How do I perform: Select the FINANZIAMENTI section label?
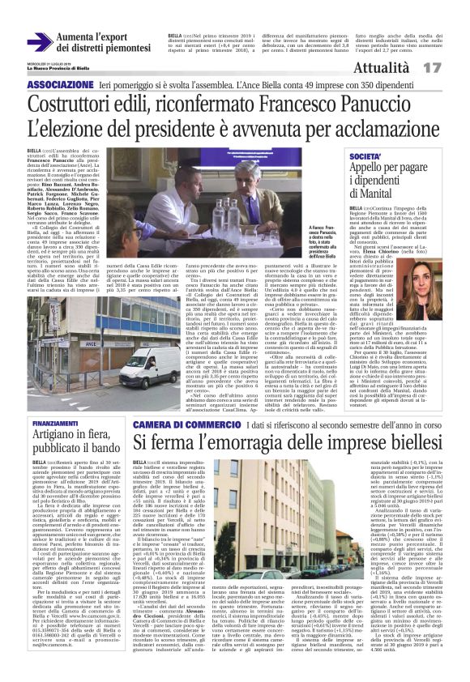click(55, 424)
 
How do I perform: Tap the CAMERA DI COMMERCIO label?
click(177, 425)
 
